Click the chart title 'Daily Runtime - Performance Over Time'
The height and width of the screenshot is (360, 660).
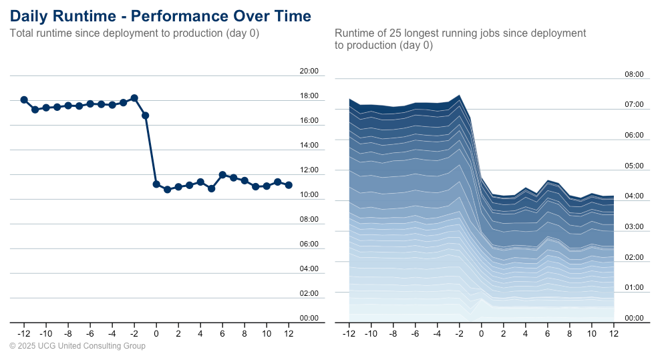[x=160, y=16]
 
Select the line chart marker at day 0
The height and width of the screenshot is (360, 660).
[x=156, y=184]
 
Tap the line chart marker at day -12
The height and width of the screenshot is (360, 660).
[x=24, y=100]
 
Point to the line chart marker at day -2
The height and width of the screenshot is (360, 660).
[x=134, y=98]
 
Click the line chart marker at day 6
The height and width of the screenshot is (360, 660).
[x=222, y=175]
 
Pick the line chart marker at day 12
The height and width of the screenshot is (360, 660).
[x=289, y=185]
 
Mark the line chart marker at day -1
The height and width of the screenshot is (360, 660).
[x=145, y=116]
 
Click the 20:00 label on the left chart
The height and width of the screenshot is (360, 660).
[x=309, y=71]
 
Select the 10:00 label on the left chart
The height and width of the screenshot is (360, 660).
[x=309, y=194]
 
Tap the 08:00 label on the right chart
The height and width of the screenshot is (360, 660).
[x=633, y=75]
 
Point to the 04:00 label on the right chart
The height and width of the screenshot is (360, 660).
[x=633, y=196]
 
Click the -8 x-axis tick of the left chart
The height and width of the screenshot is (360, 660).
[x=67, y=333]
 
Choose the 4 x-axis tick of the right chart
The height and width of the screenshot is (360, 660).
[x=525, y=333]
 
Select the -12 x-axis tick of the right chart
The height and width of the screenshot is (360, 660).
[x=348, y=333]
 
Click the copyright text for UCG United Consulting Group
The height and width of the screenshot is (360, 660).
[x=77, y=346]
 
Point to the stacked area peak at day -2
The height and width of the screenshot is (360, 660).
[x=459, y=96]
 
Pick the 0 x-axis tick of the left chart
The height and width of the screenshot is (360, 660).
[x=156, y=333]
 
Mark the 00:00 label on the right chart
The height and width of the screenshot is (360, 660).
[x=633, y=318]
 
